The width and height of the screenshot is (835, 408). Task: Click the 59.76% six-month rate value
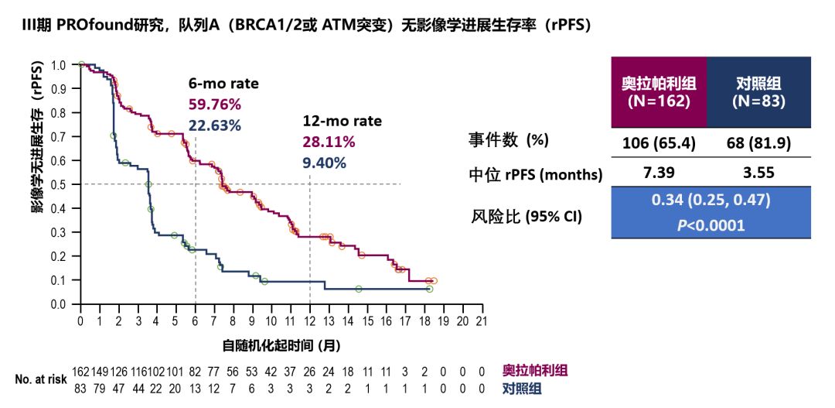pyautogui.click(x=214, y=105)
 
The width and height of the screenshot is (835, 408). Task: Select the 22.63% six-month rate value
pyautogui.click(x=214, y=125)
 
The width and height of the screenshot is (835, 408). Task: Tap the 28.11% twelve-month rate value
pyautogui.click(x=329, y=142)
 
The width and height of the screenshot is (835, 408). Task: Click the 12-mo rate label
pyautogui.click(x=342, y=122)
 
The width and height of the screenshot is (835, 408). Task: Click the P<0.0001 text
pyautogui.click(x=711, y=225)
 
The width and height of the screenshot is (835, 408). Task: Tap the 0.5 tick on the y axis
pyautogui.click(x=59, y=184)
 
